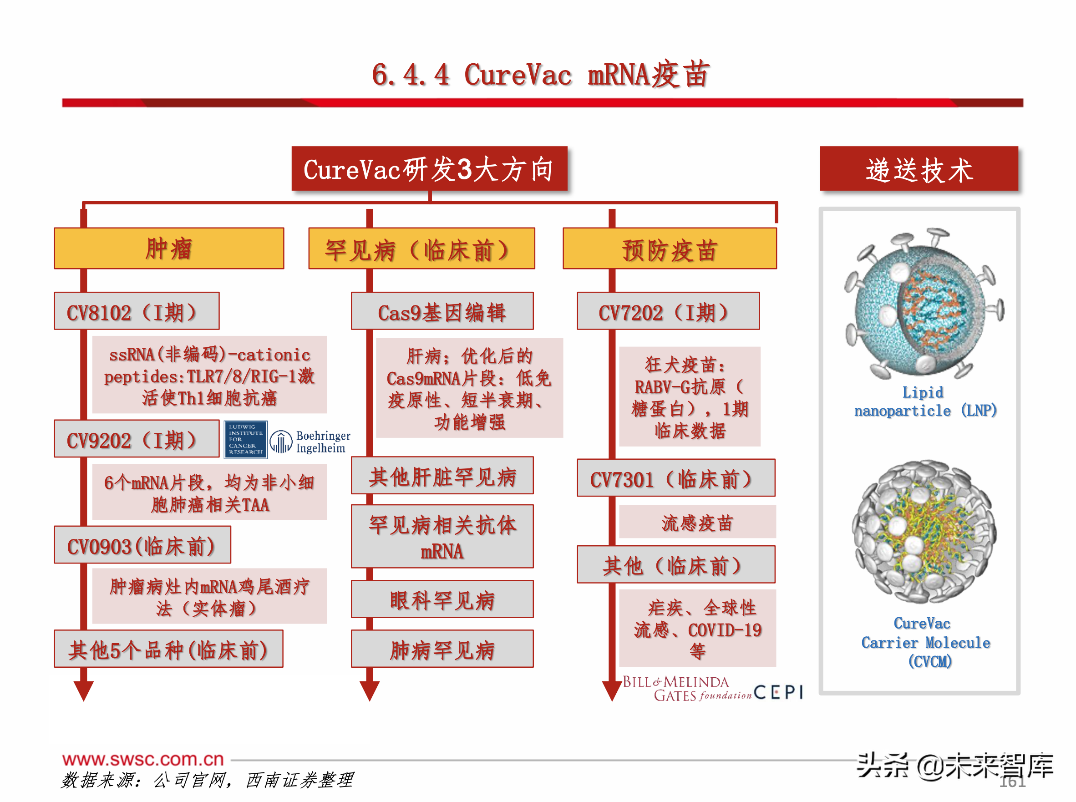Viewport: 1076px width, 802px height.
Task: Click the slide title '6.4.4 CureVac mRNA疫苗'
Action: click(541, 75)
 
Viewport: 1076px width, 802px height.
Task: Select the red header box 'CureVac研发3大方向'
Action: click(429, 169)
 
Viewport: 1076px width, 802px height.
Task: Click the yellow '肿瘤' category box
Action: click(169, 249)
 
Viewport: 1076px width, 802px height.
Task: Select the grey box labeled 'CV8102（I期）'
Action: click(137, 311)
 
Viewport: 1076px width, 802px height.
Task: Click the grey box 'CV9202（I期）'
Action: click(137, 440)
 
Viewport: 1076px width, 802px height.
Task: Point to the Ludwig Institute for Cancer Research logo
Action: click(246, 439)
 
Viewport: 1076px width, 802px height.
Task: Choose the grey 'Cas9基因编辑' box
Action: click(442, 311)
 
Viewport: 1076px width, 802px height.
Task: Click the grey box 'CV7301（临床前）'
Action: click(675, 478)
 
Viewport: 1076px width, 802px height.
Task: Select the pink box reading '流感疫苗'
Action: click(697, 522)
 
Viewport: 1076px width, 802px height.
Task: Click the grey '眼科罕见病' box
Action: click(442, 599)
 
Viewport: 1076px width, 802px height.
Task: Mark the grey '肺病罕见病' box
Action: click(442, 649)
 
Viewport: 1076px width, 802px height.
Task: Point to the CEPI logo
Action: click(778, 692)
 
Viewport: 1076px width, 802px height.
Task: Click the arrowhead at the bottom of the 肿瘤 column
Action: click(83, 690)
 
